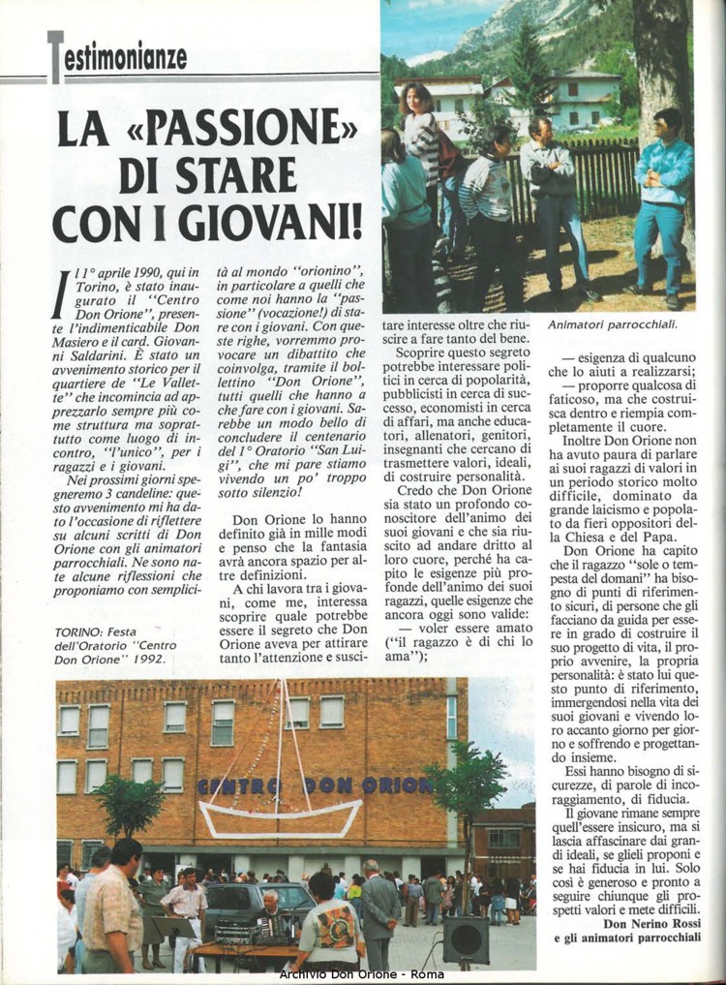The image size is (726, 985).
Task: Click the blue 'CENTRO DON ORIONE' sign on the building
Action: (315, 785)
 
